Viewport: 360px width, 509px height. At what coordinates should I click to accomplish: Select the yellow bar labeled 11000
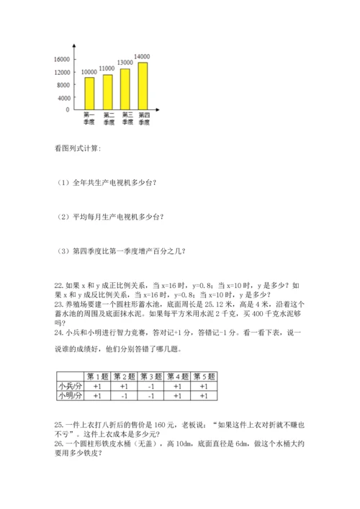coord(107,91)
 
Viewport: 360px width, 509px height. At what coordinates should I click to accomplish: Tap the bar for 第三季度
coord(125,89)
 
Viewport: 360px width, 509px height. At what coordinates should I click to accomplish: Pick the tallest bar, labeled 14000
coord(143,86)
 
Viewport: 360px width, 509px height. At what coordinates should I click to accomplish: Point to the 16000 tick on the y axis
coord(62,59)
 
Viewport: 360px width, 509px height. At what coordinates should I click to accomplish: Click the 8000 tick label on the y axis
coord(63,85)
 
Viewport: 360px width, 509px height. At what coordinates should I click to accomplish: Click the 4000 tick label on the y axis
coord(63,97)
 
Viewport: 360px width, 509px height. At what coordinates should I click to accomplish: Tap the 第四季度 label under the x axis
coord(143,119)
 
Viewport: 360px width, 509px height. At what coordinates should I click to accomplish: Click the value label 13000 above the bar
coord(125,63)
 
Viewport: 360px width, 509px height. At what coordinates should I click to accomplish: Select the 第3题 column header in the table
coord(151,377)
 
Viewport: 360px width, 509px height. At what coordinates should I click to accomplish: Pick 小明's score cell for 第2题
coord(124,396)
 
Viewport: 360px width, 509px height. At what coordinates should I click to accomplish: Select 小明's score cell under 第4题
coord(177,396)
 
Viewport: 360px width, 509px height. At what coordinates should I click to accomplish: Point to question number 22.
coord(59,285)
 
